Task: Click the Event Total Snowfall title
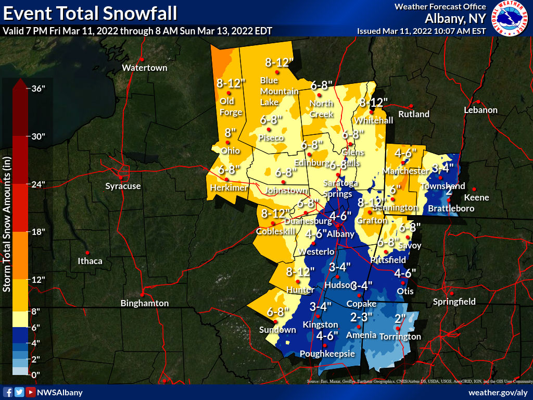(x=90, y=12)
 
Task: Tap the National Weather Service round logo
(x=510, y=18)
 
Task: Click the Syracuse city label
(x=123, y=186)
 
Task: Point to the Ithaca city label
(x=90, y=261)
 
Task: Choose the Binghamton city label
(x=144, y=303)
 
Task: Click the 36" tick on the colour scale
(x=39, y=89)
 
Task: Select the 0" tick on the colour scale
(x=35, y=374)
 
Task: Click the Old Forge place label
(x=231, y=107)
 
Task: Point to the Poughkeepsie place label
(x=327, y=354)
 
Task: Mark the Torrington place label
(x=400, y=336)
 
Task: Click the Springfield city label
(x=454, y=302)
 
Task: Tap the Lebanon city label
(x=481, y=110)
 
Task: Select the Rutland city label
(x=414, y=114)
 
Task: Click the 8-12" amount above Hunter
(x=300, y=271)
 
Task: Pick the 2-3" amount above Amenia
(x=361, y=317)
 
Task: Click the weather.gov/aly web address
(x=498, y=392)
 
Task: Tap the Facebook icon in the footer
(x=8, y=392)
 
